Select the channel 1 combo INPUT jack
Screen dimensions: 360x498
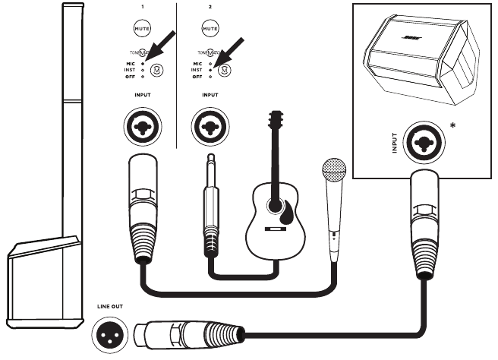tap(141, 125)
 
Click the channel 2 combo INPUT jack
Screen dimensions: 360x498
tap(209, 125)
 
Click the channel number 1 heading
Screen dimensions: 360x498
tap(141, 6)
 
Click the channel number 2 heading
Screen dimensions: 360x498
tap(209, 6)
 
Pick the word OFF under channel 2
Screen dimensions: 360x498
tap(198, 77)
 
